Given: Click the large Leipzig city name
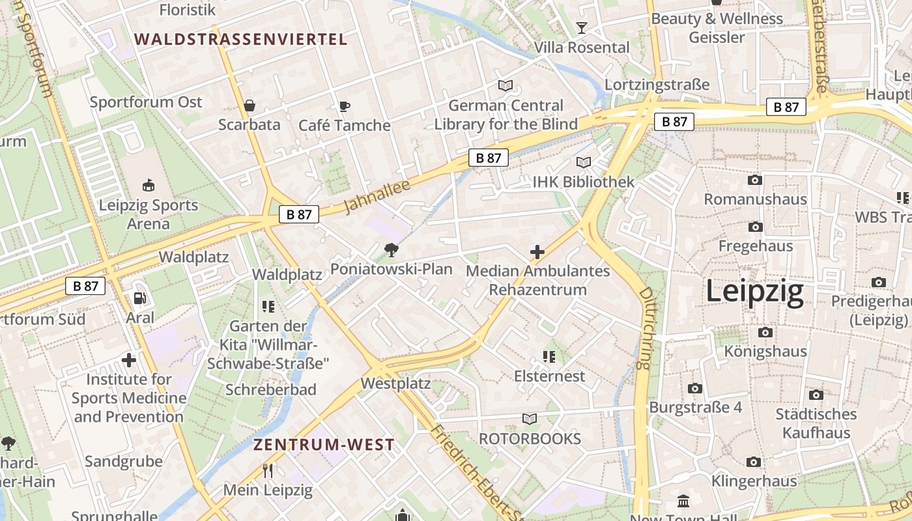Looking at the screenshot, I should click(x=755, y=292).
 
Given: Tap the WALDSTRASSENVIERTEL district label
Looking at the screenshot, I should click(x=241, y=39).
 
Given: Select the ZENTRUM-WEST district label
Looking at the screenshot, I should click(x=324, y=445).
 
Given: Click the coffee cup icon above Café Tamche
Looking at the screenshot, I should click(x=344, y=106).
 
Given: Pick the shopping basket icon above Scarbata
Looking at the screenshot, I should click(x=249, y=106).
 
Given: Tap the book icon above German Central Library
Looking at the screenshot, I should click(x=506, y=85).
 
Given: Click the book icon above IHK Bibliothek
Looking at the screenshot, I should click(x=583, y=162).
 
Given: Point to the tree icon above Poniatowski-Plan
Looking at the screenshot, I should click(x=391, y=249).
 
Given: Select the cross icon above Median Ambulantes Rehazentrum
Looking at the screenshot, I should click(x=537, y=251).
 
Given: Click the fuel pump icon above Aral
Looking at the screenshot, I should click(x=140, y=298).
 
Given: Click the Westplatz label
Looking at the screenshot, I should click(x=395, y=384).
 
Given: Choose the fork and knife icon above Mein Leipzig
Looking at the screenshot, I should click(x=268, y=470).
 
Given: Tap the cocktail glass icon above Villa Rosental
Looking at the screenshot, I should click(x=582, y=27).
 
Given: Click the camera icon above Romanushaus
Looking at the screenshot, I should click(x=755, y=180).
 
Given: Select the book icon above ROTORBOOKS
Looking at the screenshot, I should click(x=530, y=419).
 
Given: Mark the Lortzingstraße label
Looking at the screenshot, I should click(x=657, y=85).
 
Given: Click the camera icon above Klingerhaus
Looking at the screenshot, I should click(x=754, y=462).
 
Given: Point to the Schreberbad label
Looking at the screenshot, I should click(x=270, y=389).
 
